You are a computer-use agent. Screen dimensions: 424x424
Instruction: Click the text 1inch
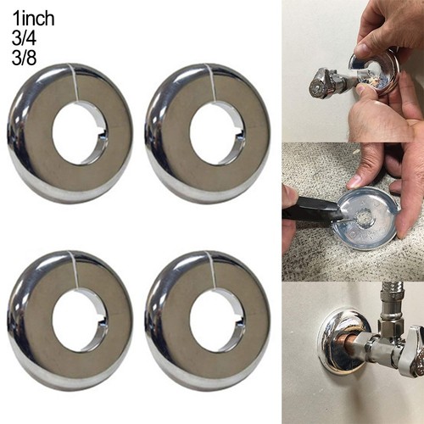pyautogui.click(x=33, y=19)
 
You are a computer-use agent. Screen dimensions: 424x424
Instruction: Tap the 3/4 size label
pyautogui.click(x=24, y=38)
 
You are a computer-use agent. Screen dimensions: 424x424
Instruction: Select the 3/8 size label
pyautogui.click(x=24, y=58)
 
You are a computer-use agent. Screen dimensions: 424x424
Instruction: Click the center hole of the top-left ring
pyautogui.click(x=80, y=134)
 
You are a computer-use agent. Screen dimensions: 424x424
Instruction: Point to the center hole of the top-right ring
pyautogui.click(x=218, y=134)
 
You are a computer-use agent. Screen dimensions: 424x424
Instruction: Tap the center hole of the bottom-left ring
pyautogui.click(x=80, y=321)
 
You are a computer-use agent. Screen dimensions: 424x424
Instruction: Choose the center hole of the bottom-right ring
pyautogui.click(x=218, y=321)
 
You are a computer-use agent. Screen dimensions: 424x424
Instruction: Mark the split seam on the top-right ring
pyautogui.click(x=211, y=83)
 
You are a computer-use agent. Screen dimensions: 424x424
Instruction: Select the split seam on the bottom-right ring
pyautogui.click(x=211, y=271)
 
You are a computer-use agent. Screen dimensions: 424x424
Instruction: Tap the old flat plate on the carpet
pyautogui.click(x=366, y=218)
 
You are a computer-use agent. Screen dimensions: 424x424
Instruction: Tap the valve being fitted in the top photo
pyautogui.click(x=329, y=82)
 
